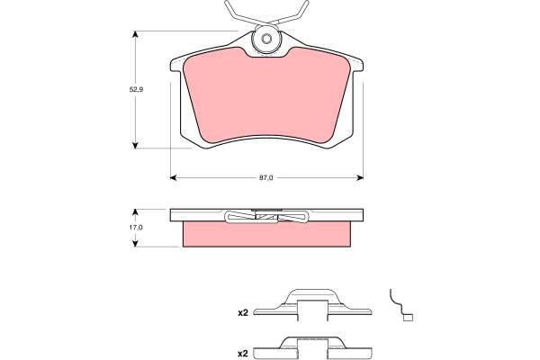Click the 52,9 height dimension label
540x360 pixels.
[136, 90]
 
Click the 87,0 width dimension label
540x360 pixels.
[265, 178]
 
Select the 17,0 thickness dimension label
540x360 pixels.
[136, 228]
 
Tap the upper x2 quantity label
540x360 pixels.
[243, 313]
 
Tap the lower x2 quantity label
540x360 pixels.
[243, 354]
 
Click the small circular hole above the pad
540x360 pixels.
[266, 39]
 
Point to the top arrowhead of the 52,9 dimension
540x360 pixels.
[135, 34]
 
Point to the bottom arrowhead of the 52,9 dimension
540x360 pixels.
[135, 145]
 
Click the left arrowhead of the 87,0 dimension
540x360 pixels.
[174, 178]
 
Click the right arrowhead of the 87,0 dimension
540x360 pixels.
[360, 178]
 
